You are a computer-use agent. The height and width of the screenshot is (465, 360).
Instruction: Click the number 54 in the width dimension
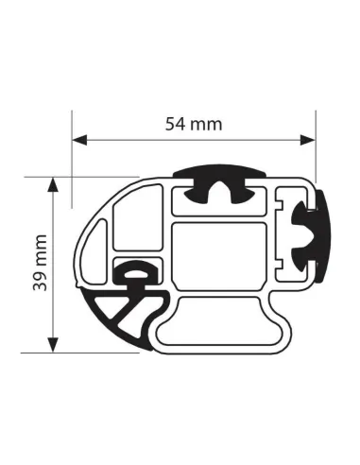[x=173, y=123]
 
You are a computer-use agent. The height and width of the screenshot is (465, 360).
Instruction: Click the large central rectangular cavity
[x=219, y=254]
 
